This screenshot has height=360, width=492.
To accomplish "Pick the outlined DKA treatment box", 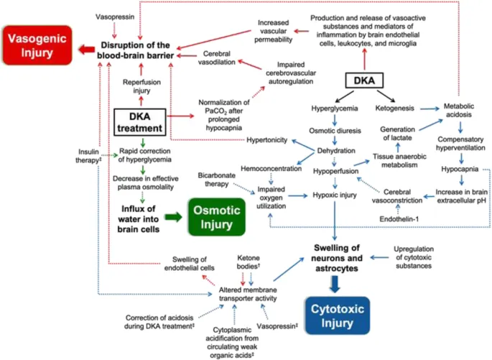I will [141, 123].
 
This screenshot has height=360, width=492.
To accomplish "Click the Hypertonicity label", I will [269, 139].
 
